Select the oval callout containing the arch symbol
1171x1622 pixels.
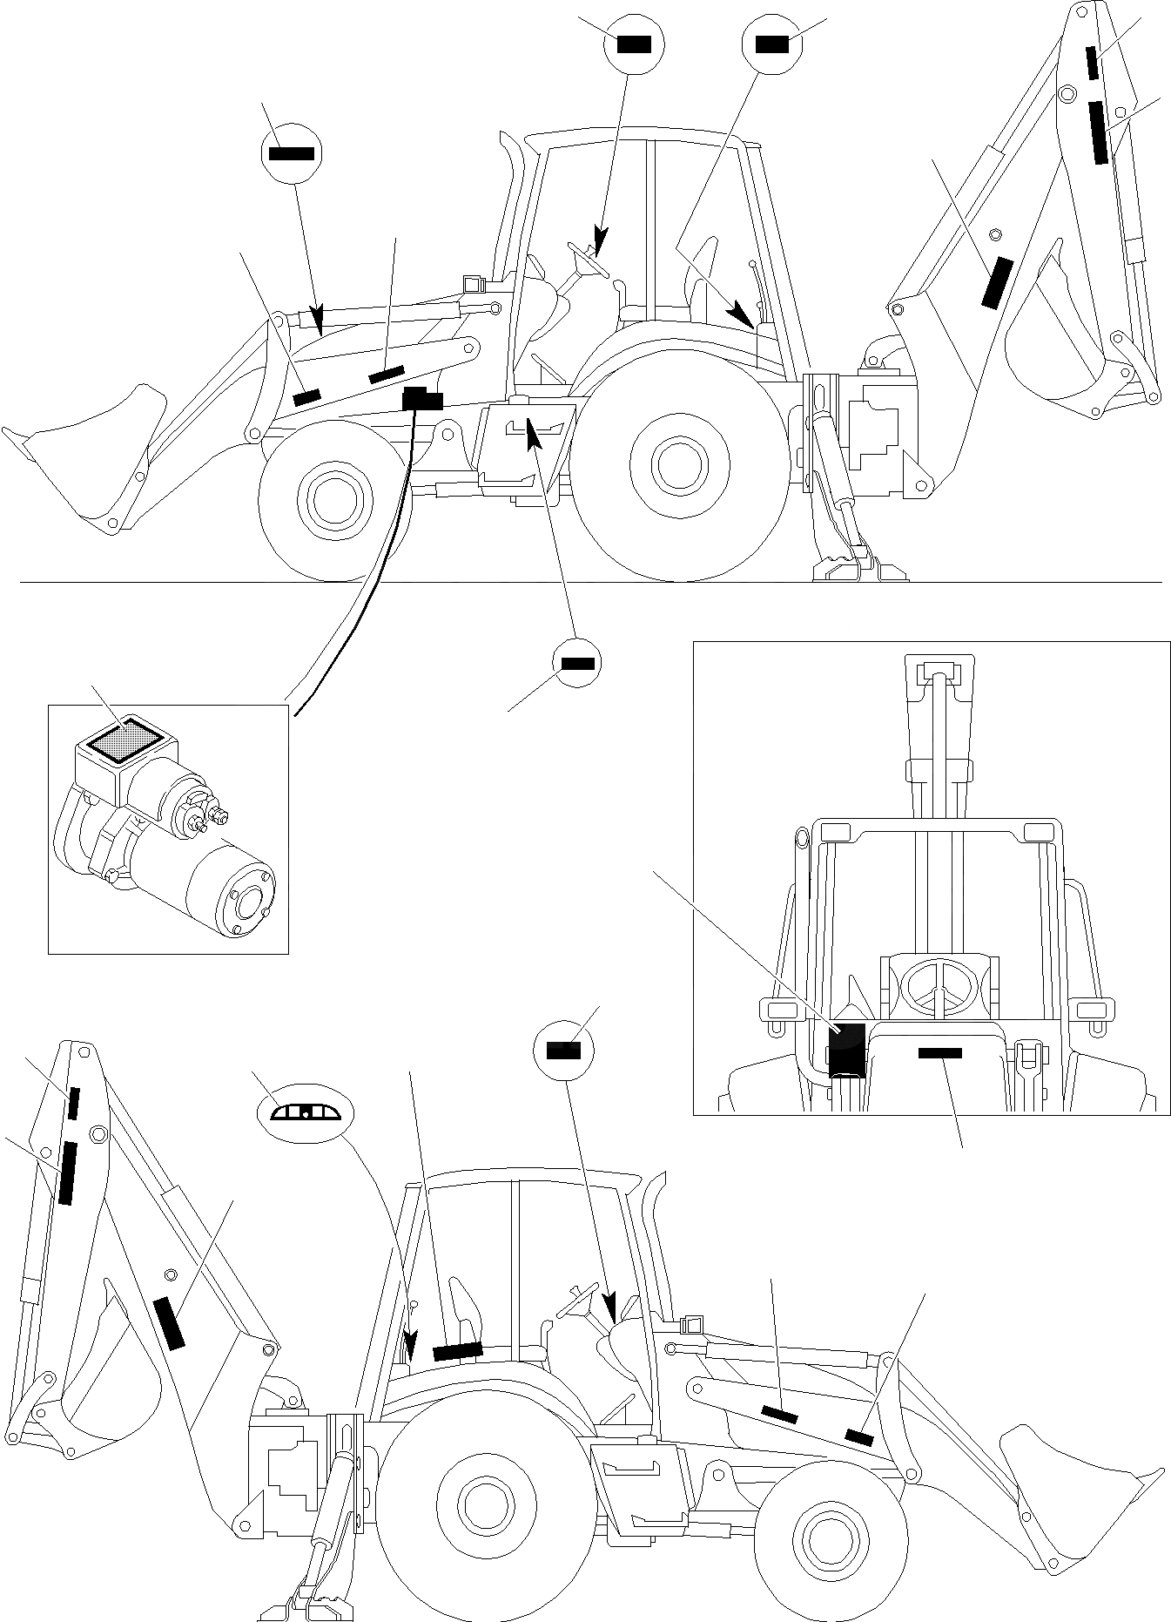pyautogui.click(x=306, y=1112)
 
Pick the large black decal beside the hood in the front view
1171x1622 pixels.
pyautogui.click(x=845, y=1050)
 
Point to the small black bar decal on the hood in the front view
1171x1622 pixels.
pyautogui.click(x=939, y=1053)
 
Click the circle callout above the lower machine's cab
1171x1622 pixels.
pyautogui.click(x=562, y=1051)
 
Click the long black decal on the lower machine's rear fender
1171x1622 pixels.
pyautogui.click(x=458, y=1351)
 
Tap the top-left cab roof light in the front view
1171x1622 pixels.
pyautogui.click(x=834, y=831)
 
